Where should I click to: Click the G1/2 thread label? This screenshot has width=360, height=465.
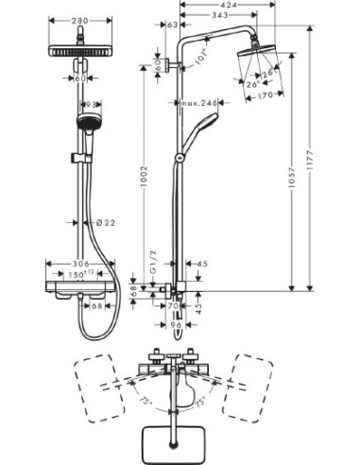coord(153,274)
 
